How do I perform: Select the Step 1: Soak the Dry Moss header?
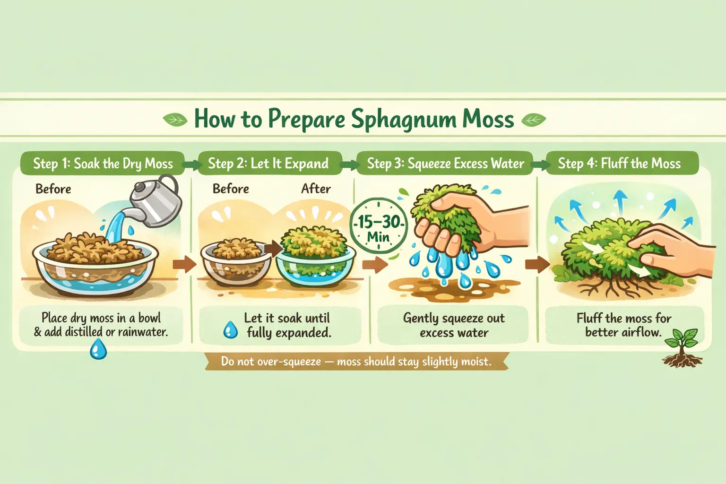coord(103,164)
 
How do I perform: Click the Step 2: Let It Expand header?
coord(268,164)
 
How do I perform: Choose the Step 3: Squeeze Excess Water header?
coord(445,164)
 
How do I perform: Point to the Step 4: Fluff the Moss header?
coord(619,164)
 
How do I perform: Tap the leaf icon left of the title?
coord(174,120)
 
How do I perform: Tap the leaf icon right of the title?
coord(533,120)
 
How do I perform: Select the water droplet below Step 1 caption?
coord(98,350)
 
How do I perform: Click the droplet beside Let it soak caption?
coord(230,330)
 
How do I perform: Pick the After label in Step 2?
coord(316,189)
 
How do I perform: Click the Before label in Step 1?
coord(53,189)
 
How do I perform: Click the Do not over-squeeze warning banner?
coord(356,362)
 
